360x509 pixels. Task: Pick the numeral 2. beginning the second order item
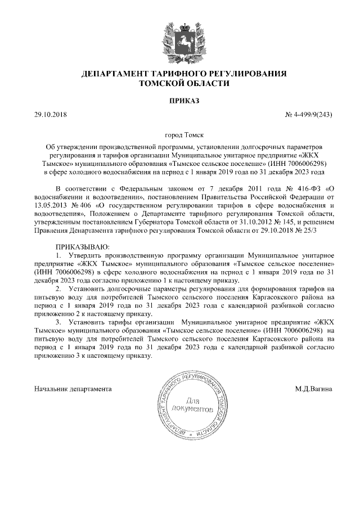(x=60, y=288)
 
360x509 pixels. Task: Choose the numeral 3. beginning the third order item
(x=60, y=321)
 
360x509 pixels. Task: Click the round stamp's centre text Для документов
(x=192, y=404)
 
